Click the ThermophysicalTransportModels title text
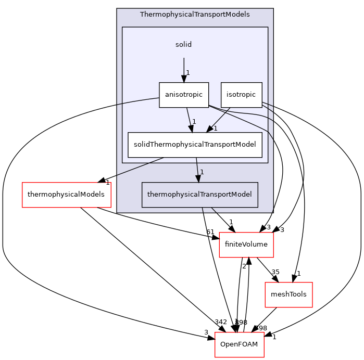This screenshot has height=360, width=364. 195,14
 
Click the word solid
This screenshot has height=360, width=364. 183,45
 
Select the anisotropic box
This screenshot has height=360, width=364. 184,95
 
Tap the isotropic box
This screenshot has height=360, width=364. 241,95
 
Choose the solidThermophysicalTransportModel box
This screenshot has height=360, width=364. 195,145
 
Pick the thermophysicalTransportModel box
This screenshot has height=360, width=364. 199,195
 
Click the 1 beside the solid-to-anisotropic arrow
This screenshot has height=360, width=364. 188,73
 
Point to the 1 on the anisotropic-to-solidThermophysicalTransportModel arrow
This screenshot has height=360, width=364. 194,122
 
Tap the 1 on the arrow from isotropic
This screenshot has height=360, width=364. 215,128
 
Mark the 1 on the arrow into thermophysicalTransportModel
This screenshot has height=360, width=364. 202,172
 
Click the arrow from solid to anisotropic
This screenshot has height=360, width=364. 183,68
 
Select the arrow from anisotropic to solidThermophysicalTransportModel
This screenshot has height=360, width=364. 190,119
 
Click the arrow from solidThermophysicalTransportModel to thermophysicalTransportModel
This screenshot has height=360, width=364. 197,169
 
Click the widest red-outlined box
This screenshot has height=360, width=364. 67,195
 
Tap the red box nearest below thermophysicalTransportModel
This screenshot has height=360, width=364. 246,245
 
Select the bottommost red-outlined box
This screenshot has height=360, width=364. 239,344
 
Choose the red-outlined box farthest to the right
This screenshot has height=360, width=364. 288,294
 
